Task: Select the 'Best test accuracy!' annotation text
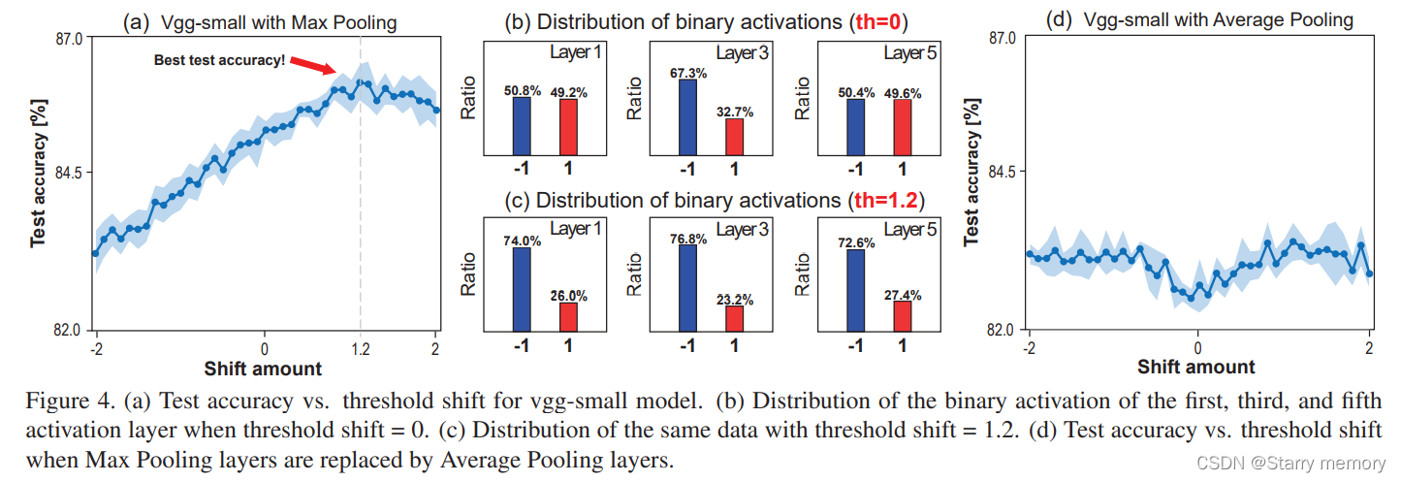pos(220,60)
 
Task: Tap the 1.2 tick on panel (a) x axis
pos(360,348)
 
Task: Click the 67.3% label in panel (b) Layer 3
pos(687,73)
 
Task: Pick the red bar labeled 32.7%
pos(734,136)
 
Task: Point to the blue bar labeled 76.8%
pos(687,288)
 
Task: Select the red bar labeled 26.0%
pos(568,316)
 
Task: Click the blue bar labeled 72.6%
pos(855,290)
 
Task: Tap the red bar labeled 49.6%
pos(902,126)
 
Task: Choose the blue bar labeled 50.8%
pos(522,125)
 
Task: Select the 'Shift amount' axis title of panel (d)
pos(1196,367)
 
